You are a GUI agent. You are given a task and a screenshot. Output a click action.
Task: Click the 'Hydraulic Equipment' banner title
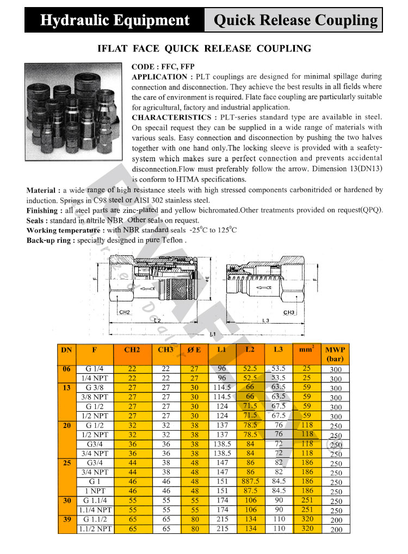coord(115,21)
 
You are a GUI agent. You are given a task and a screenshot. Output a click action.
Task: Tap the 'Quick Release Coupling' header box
coord(296,21)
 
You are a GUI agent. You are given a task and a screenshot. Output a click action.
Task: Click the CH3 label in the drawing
coord(289,313)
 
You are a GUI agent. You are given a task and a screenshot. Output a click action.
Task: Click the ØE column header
coord(194,350)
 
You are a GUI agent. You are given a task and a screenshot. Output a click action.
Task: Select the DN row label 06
coord(67,369)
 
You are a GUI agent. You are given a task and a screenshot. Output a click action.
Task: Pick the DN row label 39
coord(67,519)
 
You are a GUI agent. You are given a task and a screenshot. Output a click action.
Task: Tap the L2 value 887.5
coord(250,482)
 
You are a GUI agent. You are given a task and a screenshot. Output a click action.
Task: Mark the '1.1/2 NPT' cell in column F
coord(95,528)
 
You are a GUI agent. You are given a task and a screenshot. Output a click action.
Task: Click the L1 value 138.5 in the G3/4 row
coord(222,444)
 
